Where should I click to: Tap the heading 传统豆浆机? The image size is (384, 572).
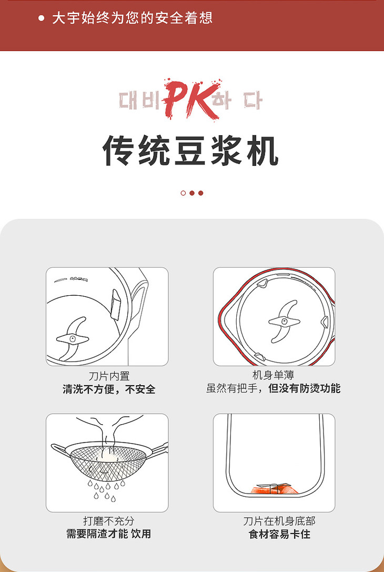coord(191,150)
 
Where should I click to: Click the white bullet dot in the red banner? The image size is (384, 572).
coord(41,18)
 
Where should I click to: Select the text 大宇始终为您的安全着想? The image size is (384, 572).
coord(133,18)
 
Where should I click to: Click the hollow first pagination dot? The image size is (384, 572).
coord(183,193)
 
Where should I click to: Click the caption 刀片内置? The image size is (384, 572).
coord(109,376)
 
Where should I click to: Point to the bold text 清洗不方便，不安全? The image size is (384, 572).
coord(109,389)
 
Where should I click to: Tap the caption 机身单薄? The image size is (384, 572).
coord(273,375)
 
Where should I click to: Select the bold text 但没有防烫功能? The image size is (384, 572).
coord(305,388)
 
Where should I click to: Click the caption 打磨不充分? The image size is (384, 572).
coord(109,521)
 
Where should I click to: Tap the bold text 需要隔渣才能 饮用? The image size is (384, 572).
coord(109,534)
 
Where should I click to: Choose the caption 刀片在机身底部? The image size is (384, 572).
coord(279,521)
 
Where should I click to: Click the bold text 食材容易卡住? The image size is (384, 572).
coord(279,535)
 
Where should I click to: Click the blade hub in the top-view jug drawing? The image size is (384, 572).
coord(284,322)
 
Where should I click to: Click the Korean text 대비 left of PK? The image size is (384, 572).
coord(140,101)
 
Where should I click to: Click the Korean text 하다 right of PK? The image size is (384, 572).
coord(237,101)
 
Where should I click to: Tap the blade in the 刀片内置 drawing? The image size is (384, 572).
coord(72,338)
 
